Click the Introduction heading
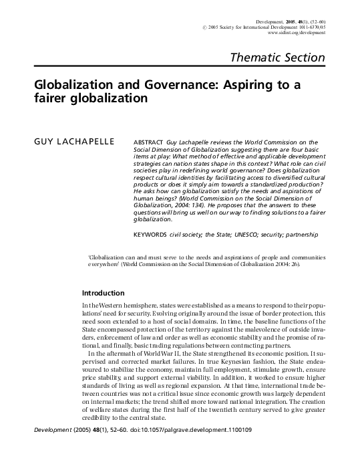pyautogui.click(x=102, y=293)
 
